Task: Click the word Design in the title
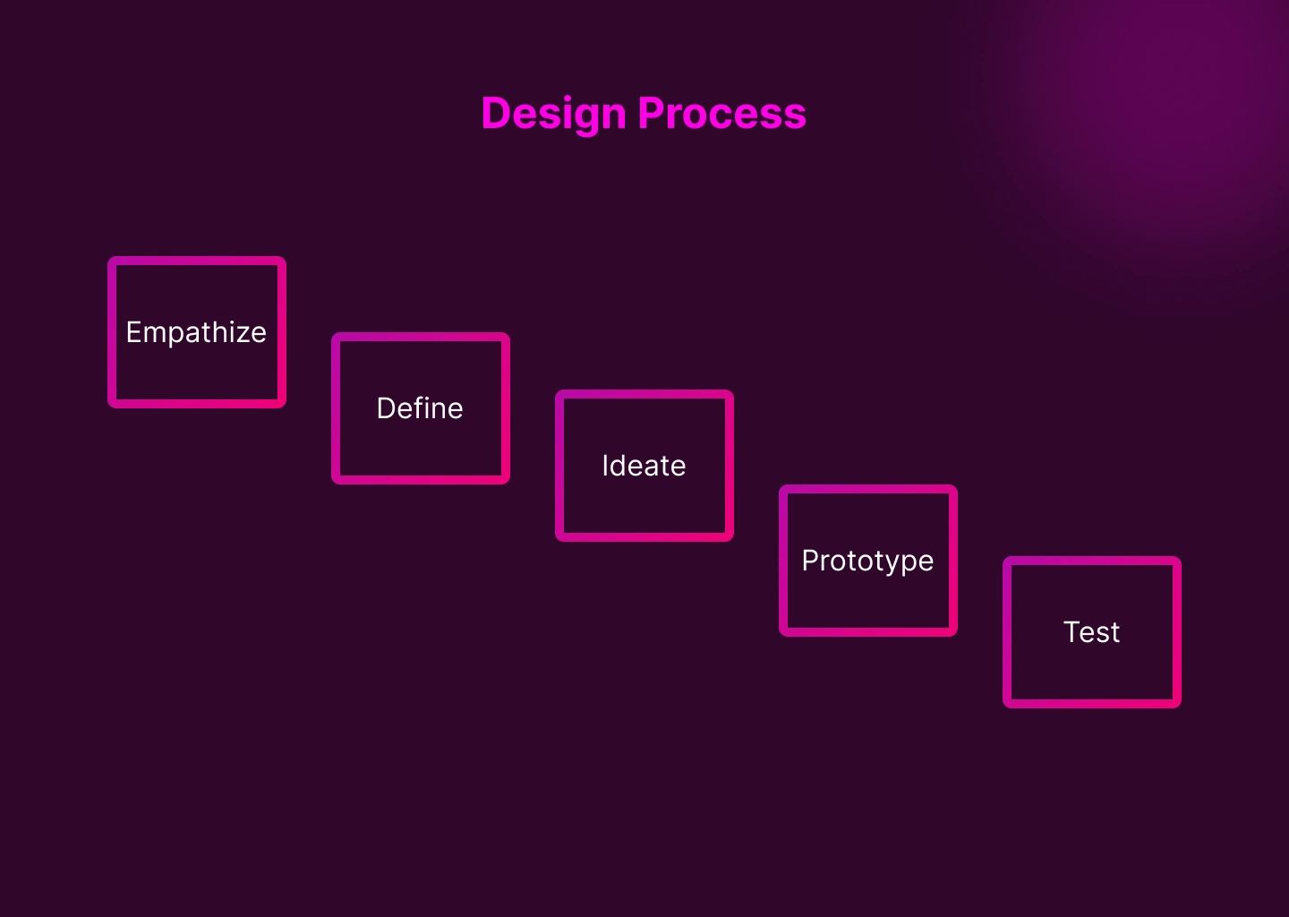pos(553,115)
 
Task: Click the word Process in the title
pos(722,113)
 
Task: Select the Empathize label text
pos(196,333)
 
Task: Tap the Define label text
pos(420,408)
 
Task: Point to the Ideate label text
pos(644,466)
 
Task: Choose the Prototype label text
pos(867,561)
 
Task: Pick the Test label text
pos(1092,632)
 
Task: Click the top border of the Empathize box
pos(197,261)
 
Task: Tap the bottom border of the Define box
pos(421,479)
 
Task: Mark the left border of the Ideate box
pos(560,466)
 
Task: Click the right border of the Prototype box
pos(953,561)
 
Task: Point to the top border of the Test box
pos(1092,561)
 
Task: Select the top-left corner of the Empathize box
pos(109,258)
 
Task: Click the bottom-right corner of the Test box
pos(1180,707)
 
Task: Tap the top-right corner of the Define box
pos(508,334)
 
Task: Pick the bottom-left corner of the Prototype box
pos(781,635)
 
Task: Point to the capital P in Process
pos(651,113)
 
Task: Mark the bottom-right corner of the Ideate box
pos(732,540)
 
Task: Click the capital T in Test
pos(1073,632)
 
